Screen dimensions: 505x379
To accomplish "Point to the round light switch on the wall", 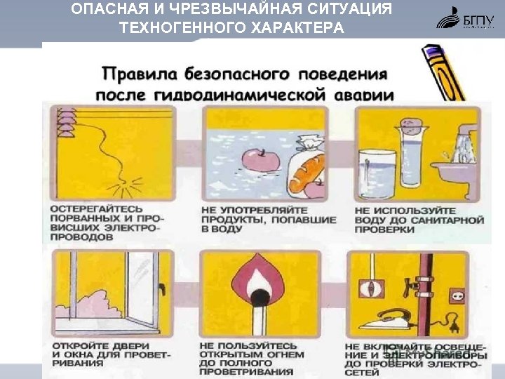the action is (370, 287).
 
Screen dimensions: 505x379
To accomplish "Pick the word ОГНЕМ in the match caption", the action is (285, 354).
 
